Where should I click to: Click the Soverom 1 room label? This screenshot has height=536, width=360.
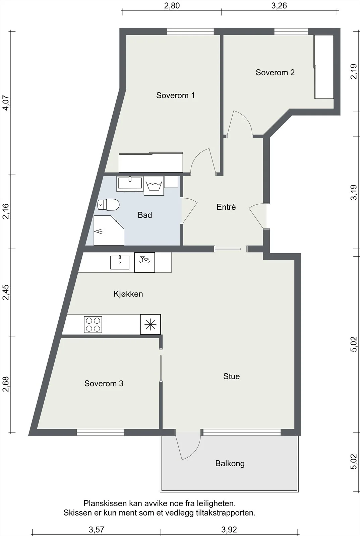click(x=175, y=95)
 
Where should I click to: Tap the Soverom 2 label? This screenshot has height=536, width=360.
click(x=275, y=72)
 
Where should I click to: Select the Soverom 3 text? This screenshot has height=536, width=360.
click(x=104, y=384)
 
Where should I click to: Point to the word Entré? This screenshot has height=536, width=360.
click(x=226, y=207)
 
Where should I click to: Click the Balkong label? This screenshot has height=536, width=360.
click(x=230, y=464)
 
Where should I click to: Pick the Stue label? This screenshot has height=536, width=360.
click(x=232, y=377)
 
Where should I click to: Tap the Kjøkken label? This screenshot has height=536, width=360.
click(x=128, y=294)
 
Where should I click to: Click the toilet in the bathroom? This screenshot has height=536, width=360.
click(x=108, y=205)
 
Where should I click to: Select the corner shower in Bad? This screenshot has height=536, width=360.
click(x=109, y=230)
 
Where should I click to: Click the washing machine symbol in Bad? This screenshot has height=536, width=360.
click(x=154, y=186)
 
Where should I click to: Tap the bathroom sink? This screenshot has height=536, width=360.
click(x=130, y=184)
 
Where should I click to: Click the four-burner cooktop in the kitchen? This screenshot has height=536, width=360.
click(x=93, y=325)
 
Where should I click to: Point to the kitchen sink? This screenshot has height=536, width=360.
click(x=120, y=263)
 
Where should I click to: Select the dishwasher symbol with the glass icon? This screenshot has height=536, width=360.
click(x=144, y=263)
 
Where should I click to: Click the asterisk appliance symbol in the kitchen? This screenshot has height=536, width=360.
click(x=150, y=324)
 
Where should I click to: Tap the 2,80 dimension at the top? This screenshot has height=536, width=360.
click(x=172, y=6)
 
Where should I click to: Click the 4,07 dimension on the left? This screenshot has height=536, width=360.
click(x=5, y=103)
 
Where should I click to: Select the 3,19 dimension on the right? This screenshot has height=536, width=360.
click(x=354, y=192)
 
